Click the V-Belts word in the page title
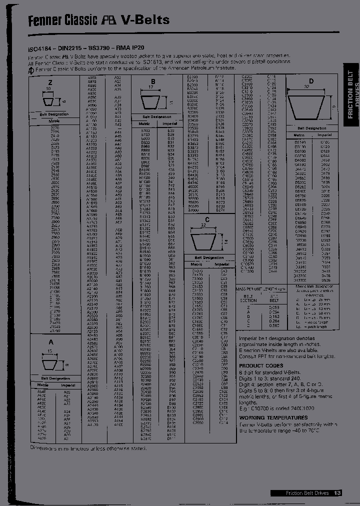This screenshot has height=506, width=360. [145, 20]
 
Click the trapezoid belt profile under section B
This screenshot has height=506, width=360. [154, 102]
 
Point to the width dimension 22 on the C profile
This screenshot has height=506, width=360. [203, 226]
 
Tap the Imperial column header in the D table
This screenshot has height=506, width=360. [325, 135]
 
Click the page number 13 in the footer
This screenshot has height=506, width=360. [337, 493]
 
